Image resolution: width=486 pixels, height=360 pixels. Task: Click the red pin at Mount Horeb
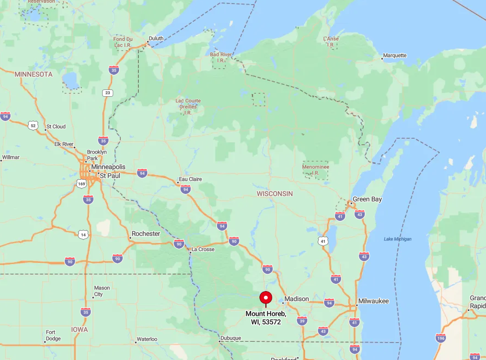pos(266,298)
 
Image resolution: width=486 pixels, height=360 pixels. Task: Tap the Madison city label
pos(296,299)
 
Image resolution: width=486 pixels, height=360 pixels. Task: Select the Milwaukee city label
pos(373,301)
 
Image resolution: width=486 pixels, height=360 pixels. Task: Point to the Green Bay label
pos(367,199)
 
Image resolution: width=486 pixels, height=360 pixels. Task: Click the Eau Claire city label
pos(190,179)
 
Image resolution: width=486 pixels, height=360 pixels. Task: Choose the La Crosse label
pos(203,249)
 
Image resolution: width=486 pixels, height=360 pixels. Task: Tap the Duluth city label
pos(156,38)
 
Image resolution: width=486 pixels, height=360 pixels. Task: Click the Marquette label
pos(395,55)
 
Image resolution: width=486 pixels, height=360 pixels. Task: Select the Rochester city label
pos(146,234)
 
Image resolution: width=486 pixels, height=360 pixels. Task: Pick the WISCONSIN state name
pos(274,193)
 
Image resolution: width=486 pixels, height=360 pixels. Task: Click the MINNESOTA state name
pos(33,74)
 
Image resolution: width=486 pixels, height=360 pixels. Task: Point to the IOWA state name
pos(79,329)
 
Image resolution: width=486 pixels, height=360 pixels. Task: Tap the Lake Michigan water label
pos(398,239)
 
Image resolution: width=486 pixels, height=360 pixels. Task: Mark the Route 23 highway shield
pos(107,93)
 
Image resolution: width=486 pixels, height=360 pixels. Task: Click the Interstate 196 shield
pos(440,338)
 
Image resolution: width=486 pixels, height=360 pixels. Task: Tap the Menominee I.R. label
pos(315,170)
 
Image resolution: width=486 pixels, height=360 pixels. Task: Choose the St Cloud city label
pos(56,126)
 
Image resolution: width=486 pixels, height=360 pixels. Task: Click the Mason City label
pos(102,291)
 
